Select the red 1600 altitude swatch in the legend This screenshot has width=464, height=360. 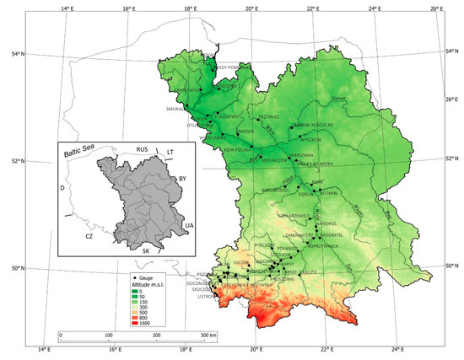tap(138, 322)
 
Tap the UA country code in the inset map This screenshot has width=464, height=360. tap(187, 225)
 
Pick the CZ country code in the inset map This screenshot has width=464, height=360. tap(88, 239)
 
